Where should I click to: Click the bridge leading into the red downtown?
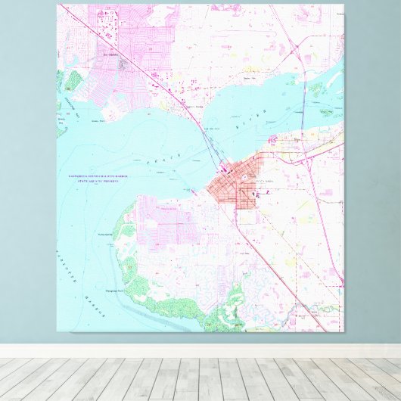click(211, 148)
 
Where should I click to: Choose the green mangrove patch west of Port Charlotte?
click(73, 80)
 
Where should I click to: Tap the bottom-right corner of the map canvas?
click(343, 331)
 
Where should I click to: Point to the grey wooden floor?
click(201, 378)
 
